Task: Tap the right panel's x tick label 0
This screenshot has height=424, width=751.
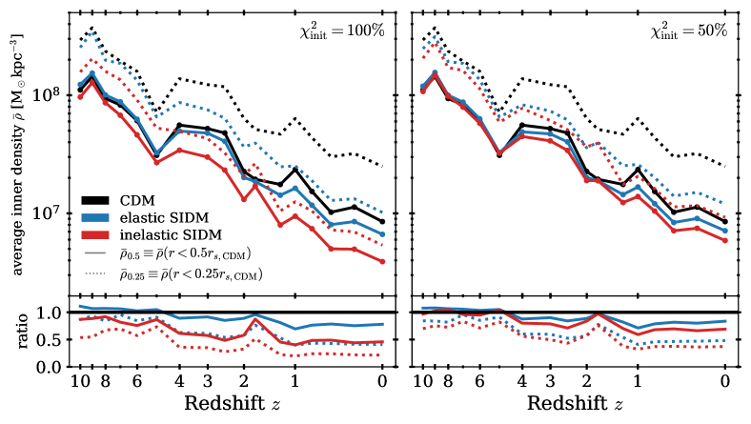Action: (725, 381)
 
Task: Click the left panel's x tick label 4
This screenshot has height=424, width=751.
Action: (178, 381)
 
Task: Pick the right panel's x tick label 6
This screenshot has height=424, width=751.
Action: (480, 381)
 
